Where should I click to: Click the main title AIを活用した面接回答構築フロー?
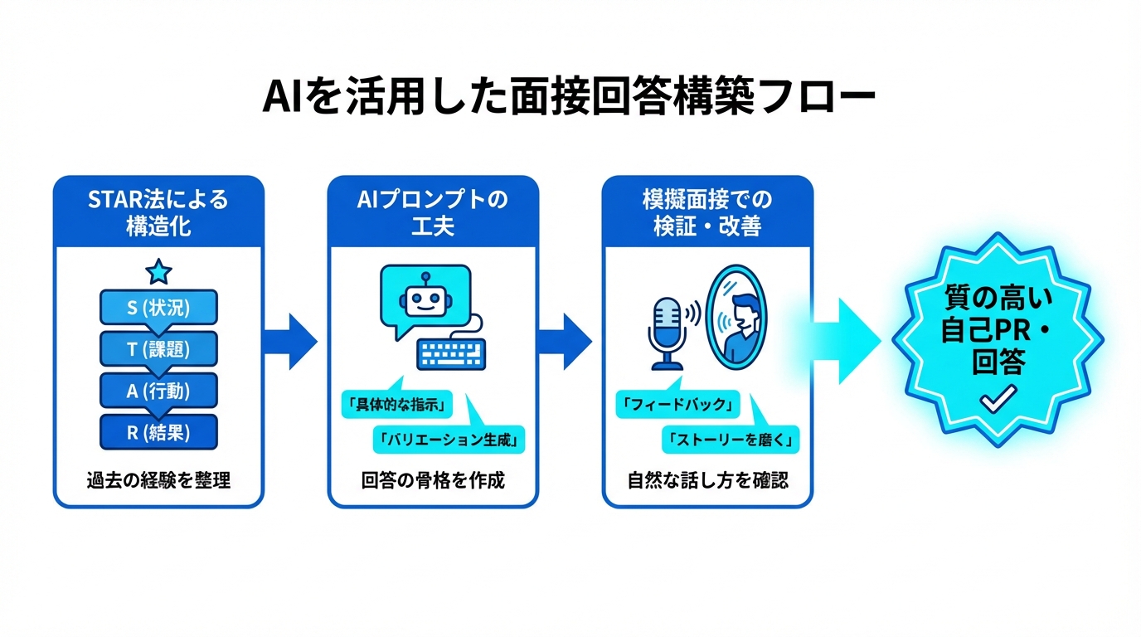pos(569,98)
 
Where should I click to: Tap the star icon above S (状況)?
pos(158,270)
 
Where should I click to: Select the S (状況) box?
pos(158,308)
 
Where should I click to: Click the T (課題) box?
pos(158,350)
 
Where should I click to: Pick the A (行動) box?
pos(158,391)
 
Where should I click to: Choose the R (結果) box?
pos(158,432)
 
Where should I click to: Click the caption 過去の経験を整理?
pos(158,480)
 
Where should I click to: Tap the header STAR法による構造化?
pos(158,212)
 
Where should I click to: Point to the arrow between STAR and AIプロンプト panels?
pos(291,341)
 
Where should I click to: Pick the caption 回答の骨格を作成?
pos(433,480)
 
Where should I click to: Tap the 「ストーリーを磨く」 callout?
pos(731,440)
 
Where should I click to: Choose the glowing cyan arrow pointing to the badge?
pos(850,341)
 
